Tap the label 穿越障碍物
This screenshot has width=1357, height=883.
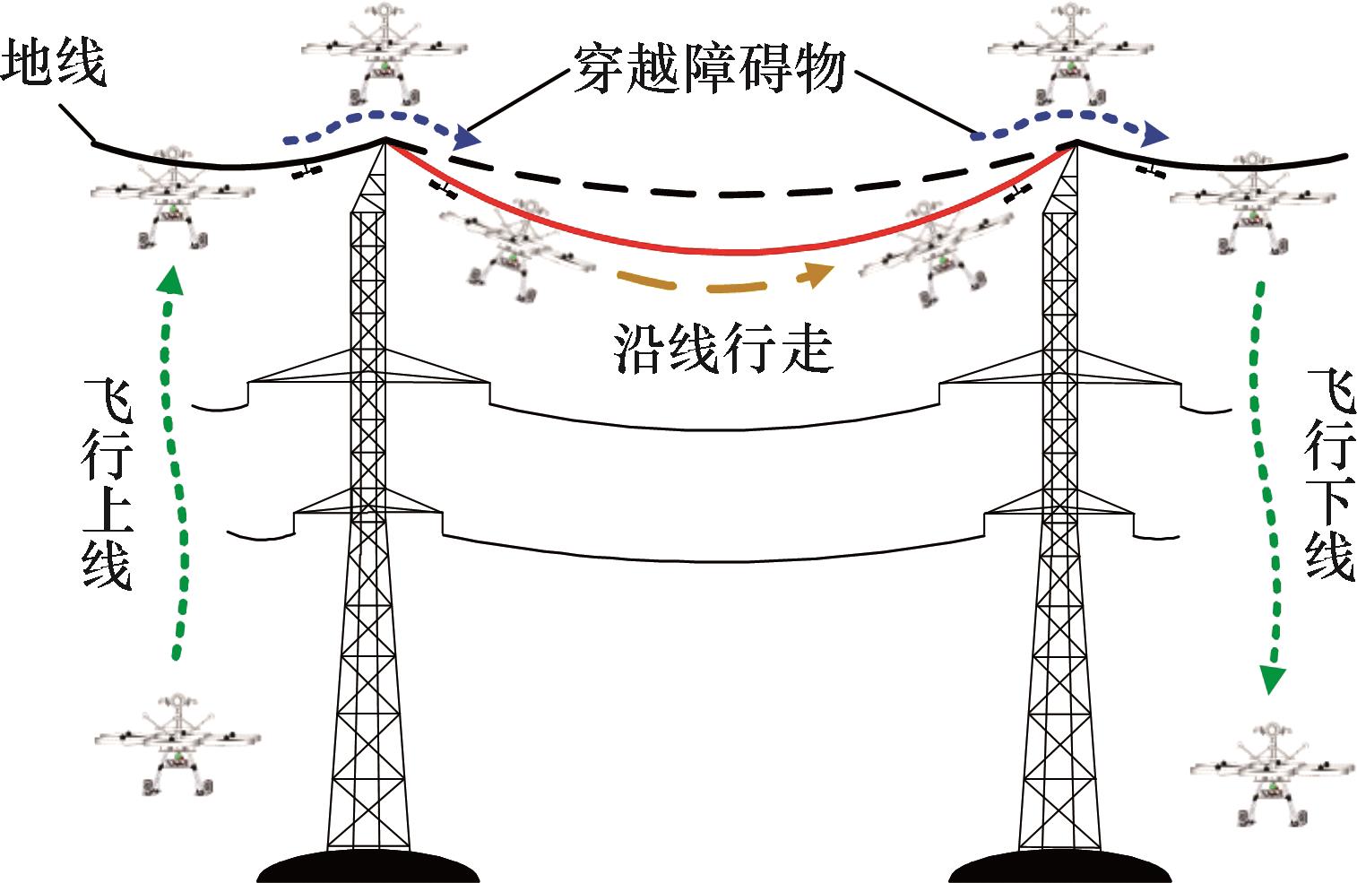pos(709,68)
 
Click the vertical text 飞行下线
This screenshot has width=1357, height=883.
pos(1329,474)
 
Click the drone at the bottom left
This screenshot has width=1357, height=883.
pos(177,743)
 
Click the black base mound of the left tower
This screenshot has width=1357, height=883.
pos(368,866)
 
